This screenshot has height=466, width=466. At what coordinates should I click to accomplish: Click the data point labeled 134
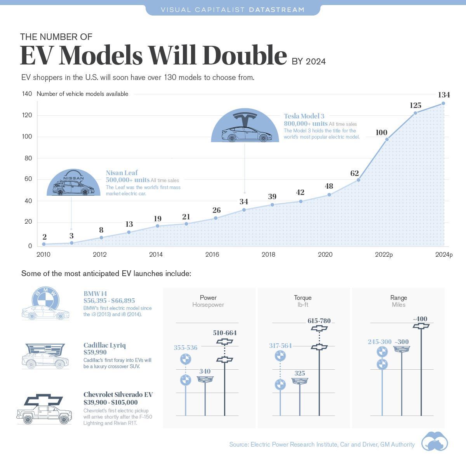click(443, 103)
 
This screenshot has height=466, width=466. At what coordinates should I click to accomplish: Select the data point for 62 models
click(358, 180)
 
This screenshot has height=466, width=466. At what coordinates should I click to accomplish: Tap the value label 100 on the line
click(381, 132)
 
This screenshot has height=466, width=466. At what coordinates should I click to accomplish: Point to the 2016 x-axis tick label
click(212, 255)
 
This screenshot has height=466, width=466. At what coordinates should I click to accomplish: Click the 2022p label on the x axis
click(384, 255)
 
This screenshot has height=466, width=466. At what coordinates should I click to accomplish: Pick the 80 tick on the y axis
click(27, 158)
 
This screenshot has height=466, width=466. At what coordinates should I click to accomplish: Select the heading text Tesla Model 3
click(304, 116)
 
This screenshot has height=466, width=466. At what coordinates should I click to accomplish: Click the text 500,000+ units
click(127, 180)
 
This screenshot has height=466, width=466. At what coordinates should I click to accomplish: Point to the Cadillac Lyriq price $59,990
click(95, 352)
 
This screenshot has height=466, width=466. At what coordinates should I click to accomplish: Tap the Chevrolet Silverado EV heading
click(118, 395)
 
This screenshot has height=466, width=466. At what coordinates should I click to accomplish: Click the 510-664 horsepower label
click(224, 333)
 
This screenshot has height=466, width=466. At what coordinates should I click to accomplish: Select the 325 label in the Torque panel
click(299, 373)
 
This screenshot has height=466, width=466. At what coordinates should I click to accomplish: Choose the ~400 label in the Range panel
click(420, 319)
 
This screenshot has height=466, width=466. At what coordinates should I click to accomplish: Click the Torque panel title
click(303, 297)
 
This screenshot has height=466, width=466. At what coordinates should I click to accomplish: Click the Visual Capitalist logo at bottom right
click(434, 442)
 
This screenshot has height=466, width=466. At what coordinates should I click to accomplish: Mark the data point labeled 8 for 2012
click(101, 238)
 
